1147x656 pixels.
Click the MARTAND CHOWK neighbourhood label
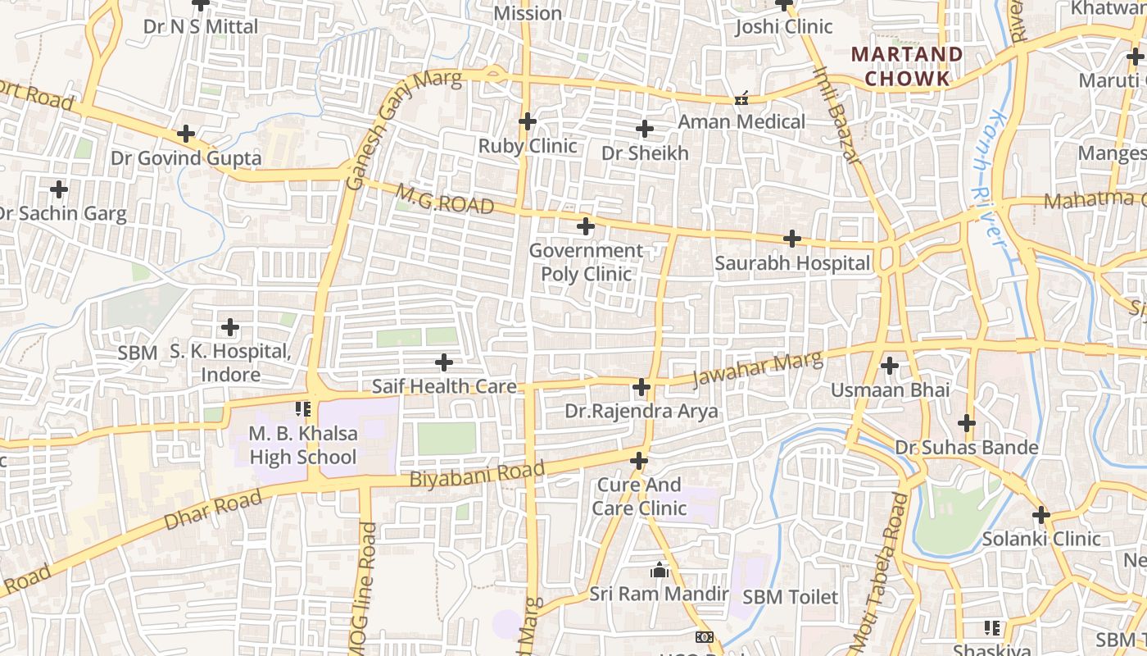907,66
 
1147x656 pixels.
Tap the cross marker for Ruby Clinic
528,122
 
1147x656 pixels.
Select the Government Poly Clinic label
586,262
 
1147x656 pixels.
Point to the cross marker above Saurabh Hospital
792,239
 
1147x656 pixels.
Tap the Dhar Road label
213,509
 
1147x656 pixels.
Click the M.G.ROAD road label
445,199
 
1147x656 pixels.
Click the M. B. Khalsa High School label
303,445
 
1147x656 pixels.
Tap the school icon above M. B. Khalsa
303,408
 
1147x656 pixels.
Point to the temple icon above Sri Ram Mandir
660,570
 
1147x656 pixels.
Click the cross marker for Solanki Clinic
1041,515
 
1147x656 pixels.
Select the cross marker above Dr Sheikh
645,129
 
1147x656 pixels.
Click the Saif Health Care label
444,386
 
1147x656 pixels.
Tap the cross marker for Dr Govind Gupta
187,133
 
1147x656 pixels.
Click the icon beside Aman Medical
742,98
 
